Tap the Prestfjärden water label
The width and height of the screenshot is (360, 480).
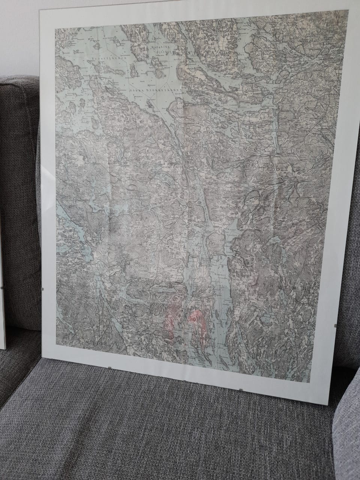[90, 59]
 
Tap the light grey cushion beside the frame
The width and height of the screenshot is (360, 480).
[347, 431]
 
